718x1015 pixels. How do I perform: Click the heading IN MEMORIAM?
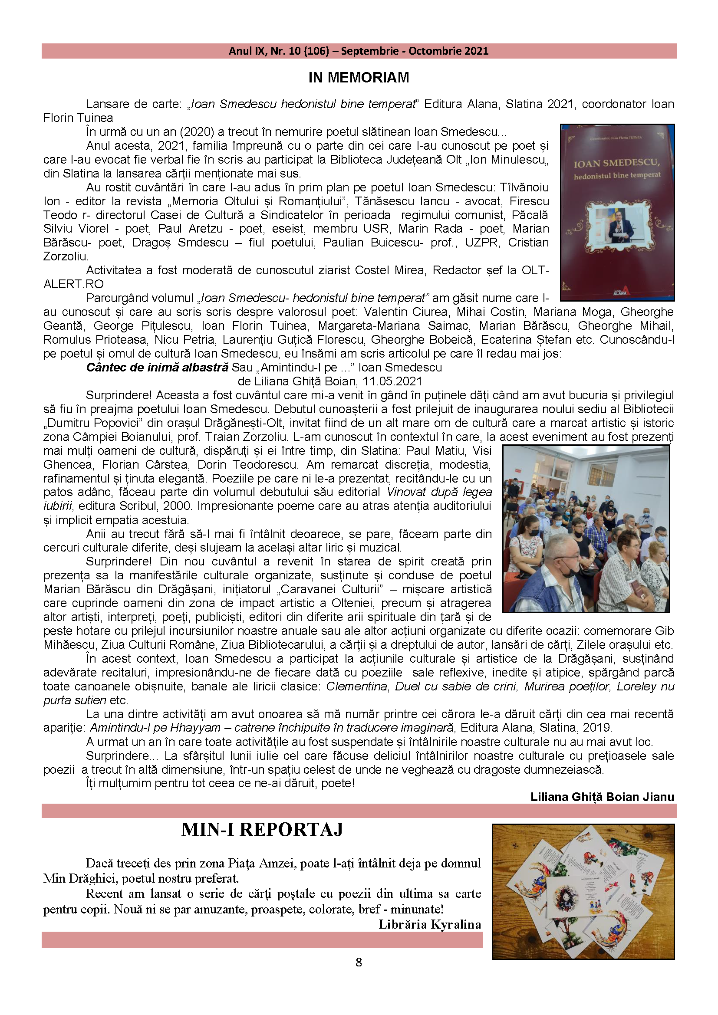[x=359, y=78]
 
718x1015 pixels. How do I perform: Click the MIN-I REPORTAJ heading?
[x=262, y=830]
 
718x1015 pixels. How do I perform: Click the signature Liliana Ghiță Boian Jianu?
[x=602, y=797]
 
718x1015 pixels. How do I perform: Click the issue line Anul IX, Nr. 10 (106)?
[x=279, y=51]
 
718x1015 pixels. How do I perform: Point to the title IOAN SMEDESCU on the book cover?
[x=617, y=163]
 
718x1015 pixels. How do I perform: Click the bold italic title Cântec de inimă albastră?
[x=157, y=368]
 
